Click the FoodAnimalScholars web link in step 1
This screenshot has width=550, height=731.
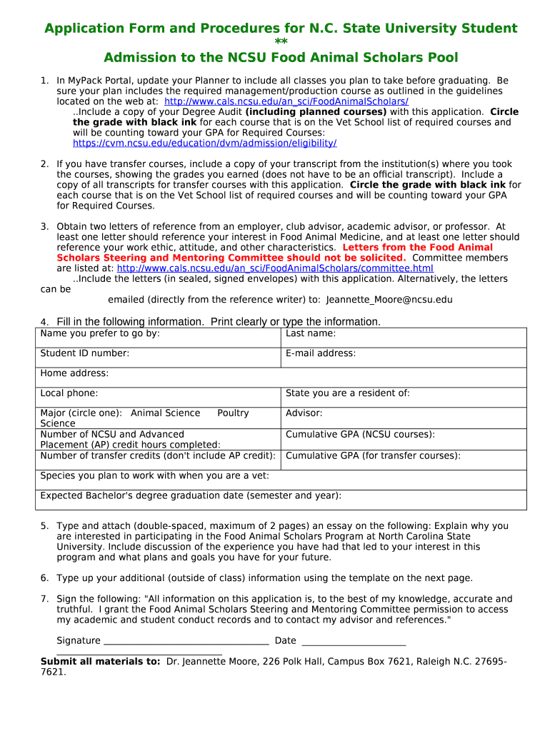point(286,101)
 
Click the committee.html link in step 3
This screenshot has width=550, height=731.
point(275,268)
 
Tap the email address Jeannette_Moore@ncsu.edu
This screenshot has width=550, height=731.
point(389,300)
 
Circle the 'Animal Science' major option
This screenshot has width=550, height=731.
point(166,413)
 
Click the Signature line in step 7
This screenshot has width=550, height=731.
point(186,640)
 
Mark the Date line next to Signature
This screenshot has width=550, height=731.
point(354,640)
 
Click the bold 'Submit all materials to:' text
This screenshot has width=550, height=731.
point(100,662)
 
